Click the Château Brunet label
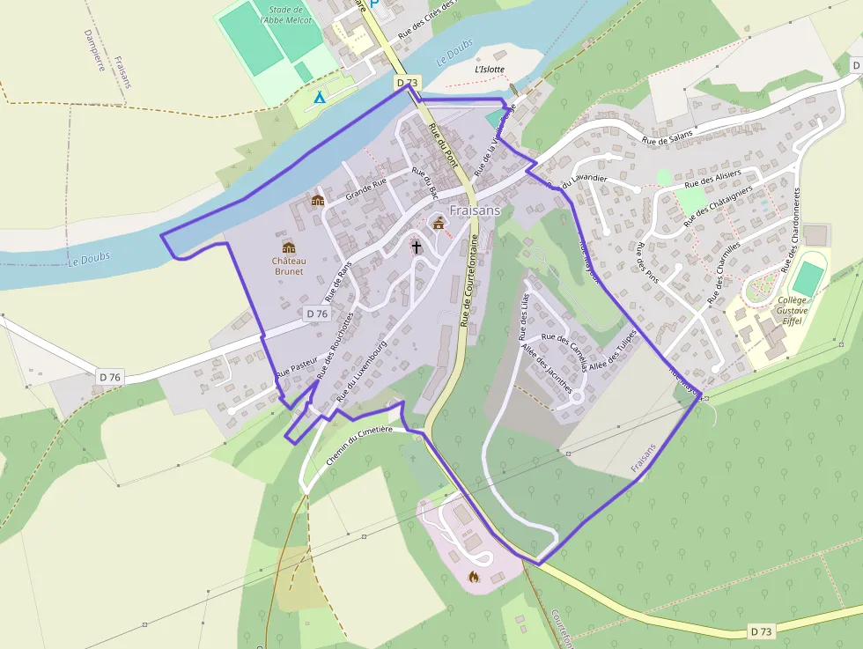(288, 266)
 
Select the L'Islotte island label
(490, 69)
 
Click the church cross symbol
(416, 248)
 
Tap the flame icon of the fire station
(473, 578)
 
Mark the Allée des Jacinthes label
(547, 368)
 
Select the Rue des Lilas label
(525, 317)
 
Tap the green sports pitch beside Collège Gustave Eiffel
(806, 279)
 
